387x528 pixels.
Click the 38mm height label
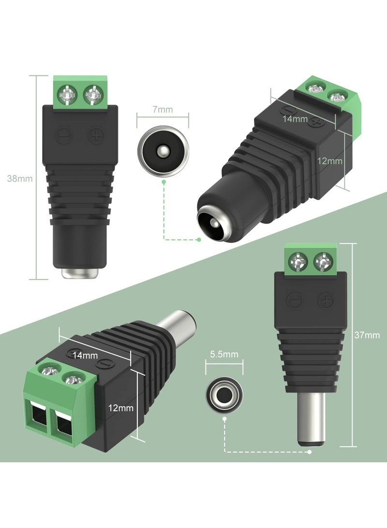(x=20, y=179)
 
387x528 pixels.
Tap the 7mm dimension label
(x=163, y=109)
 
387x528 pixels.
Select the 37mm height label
(x=367, y=335)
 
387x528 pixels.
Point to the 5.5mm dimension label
(x=224, y=354)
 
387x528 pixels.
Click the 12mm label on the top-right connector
(x=330, y=161)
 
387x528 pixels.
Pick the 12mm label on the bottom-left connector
(x=121, y=408)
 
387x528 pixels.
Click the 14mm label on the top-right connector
(x=295, y=119)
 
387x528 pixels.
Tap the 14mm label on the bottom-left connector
(x=85, y=355)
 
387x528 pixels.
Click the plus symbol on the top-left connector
(x=96, y=136)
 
